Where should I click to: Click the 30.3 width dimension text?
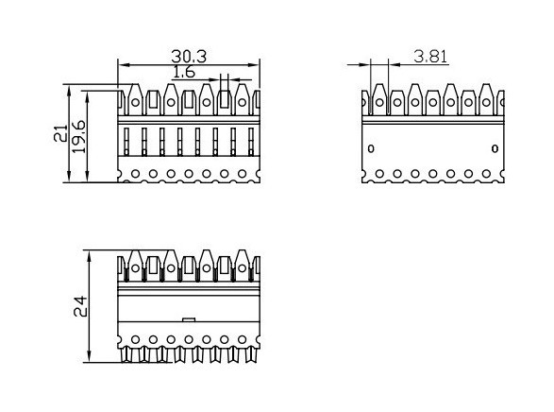(x=189, y=57)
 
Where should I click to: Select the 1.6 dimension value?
(x=184, y=72)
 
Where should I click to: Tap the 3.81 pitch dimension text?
(x=430, y=57)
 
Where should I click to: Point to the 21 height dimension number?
(x=60, y=133)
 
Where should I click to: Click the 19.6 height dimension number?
(x=78, y=136)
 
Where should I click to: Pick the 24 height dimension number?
(x=80, y=306)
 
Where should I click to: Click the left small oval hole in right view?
(x=371, y=148)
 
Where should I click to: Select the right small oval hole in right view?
(x=495, y=148)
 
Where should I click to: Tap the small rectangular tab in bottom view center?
(x=189, y=319)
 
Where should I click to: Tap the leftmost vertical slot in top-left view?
(x=126, y=142)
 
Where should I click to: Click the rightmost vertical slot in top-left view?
(x=251, y=142)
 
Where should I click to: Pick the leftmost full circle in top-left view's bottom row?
(x=135, y=174)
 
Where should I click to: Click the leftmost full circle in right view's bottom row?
(x=379, y=174)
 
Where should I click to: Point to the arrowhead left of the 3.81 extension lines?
(x=364, y=64)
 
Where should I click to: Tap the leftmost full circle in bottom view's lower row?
(x=135, y=339)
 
